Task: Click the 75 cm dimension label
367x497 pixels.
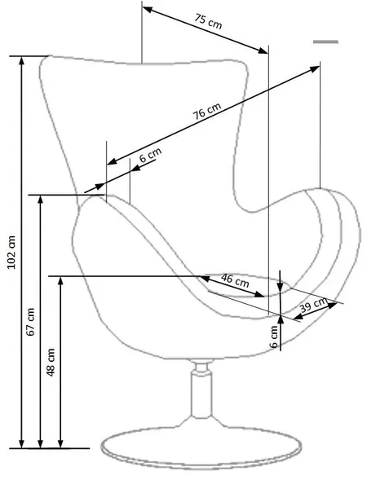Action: [x=208, y=21]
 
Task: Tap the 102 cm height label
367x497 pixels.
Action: [x=11, y=253]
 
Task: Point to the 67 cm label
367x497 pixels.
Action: [x=30, y=321]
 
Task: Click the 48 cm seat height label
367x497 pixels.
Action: [x=51, y=363]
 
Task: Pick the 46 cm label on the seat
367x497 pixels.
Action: [x=235, y=280]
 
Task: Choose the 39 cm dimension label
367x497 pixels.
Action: [x=313, y=305]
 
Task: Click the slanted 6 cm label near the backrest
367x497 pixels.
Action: [x=150, y=155]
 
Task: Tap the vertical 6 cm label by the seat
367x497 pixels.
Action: [x=274, y=336]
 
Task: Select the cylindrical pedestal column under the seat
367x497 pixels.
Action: [x=201, y=395]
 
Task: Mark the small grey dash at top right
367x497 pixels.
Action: [x=325, y=42]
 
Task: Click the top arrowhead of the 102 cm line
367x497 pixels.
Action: [x=21, y=61]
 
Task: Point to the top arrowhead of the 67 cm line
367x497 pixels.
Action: [x=40, y=200]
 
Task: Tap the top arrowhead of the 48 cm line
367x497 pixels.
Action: [x=60, y=281]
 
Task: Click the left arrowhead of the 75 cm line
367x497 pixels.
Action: [x=147, y=9]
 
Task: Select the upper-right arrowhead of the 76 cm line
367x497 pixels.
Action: [x=315, y=68]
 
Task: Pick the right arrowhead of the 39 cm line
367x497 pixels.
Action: [x=332, y=306]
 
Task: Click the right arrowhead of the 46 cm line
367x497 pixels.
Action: [x=259, y=294]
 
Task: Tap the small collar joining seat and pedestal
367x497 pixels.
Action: [x=201, y=367]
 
